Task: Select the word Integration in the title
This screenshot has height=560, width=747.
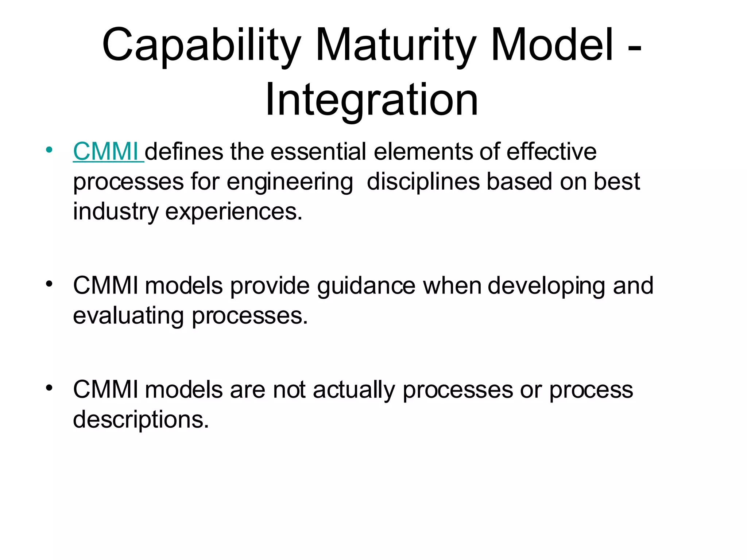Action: pyautogui.click(x=371, y=100)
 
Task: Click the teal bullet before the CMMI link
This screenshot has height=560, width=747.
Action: pyautogui.click(x=49, y=150)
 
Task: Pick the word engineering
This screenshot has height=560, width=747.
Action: pyautogui.click(x=290, y=182)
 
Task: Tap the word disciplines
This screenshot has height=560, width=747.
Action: pyautogui.click(x=423, y=182)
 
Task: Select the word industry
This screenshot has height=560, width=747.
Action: pyautogui.click(x=116, y=211)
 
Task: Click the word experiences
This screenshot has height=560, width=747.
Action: pyautogui.click(x=233, y=211)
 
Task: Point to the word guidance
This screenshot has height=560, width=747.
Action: pyautogui.click(x=366, y=285)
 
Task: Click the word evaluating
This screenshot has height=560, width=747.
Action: pyautogui.click(x=128, y=315)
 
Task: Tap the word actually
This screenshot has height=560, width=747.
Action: pyautogui.click(x=354, y=390)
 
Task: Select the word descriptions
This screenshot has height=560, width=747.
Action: pyautogui.click(x=141, y=420)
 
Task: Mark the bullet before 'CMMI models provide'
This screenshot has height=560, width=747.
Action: pyautogui.click(x=49, y=284)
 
